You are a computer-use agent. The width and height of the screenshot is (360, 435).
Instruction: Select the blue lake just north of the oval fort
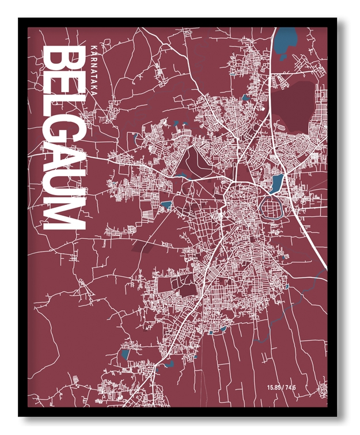click(277, 184)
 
